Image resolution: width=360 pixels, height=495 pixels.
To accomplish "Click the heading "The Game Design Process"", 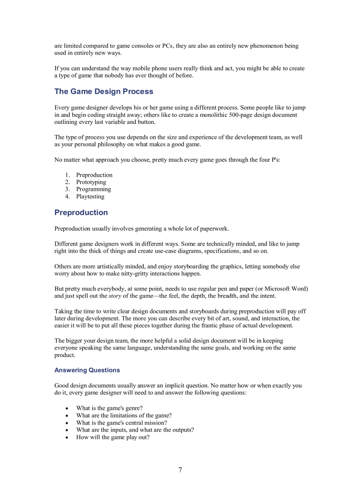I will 104,92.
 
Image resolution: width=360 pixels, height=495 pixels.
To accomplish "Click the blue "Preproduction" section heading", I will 81,212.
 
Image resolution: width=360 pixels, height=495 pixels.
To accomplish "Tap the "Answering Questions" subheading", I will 87,370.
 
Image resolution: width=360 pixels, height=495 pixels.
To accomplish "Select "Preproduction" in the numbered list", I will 94,175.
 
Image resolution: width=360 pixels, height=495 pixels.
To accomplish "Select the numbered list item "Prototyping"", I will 91,182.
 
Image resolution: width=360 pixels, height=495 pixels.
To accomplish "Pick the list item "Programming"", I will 94,189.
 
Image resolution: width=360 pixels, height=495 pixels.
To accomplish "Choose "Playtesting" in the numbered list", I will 90,197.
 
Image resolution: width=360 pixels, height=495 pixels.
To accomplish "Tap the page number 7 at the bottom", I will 180,470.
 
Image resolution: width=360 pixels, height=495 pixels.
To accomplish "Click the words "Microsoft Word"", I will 286,289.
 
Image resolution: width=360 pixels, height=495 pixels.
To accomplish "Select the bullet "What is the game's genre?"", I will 109,408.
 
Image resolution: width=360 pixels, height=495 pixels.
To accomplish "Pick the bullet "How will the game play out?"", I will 112,437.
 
